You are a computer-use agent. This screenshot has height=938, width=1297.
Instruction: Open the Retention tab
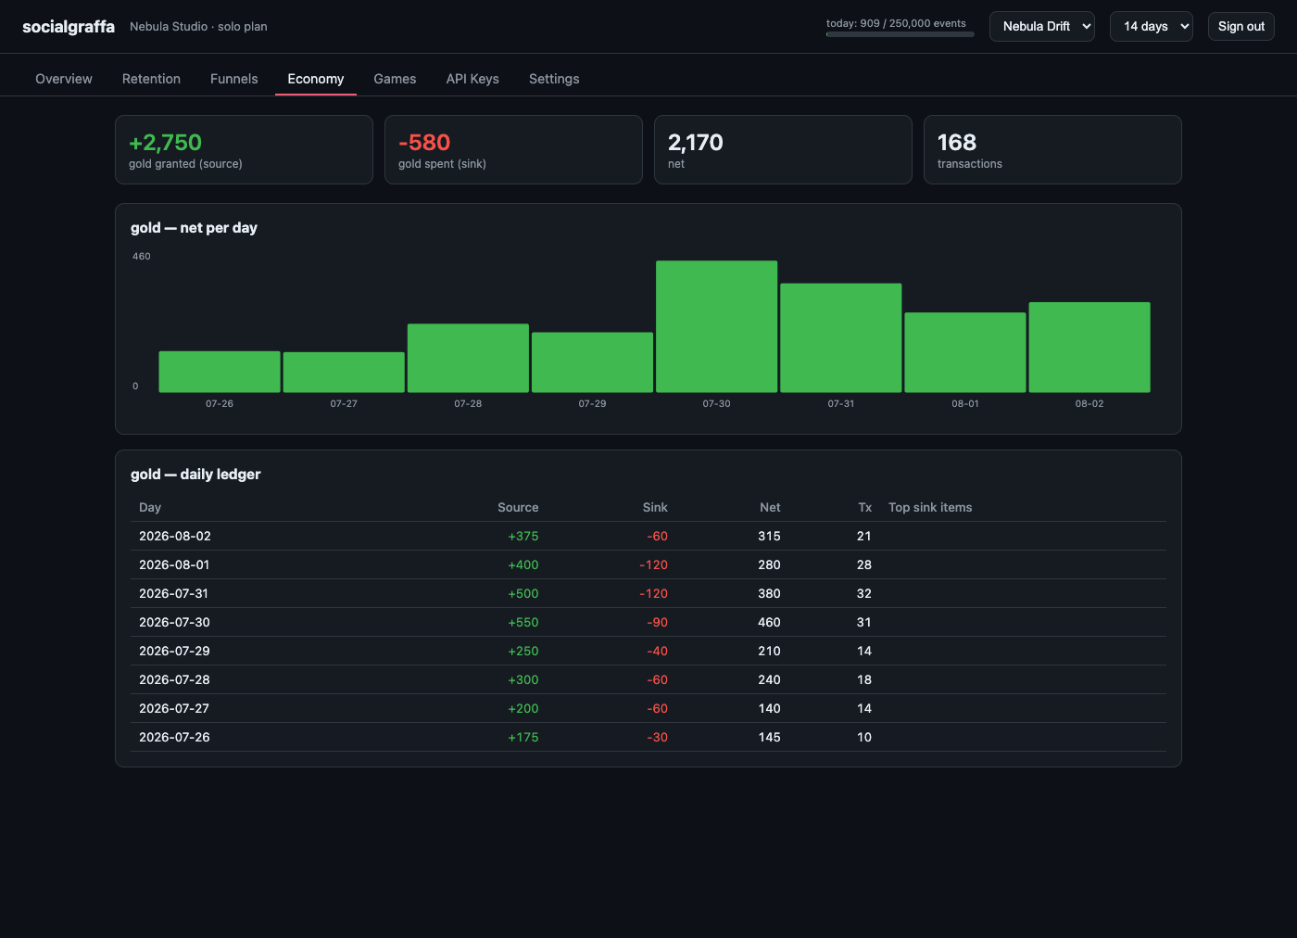pyautogui.click(x=151, y=79)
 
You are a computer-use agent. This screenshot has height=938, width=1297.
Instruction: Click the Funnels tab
pyautogui.click(x=233, y=79)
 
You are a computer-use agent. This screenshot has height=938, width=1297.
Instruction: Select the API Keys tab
pyautogui.click(x=472, y=79)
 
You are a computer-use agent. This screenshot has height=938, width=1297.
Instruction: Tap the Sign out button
pyautogui.click(x=1240, y=27)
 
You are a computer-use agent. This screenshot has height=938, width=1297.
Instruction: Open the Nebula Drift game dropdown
pyautogui.click(x=1041, y=27)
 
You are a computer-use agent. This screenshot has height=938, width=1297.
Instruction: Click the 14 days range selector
pyautogui.click(x=1151, y=27)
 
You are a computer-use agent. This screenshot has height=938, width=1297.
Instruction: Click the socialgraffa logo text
pyautogui.click(x=69, y=27)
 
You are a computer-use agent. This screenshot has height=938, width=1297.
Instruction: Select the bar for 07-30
pyautogui.click(x=716, y=327)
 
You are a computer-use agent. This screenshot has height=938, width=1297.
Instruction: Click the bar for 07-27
pyautogui.click(x=344, y=373)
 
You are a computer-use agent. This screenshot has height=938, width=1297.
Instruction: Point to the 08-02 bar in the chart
pyautogui.click(x=1089, y=348)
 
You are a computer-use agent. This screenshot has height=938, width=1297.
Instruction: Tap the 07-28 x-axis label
pyautogui.click(x=468, y=404)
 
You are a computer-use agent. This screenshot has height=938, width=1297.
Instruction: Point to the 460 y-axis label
pyautogui.click(x=141, y=256)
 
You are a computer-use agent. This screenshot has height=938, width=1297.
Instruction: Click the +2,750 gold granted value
pyautogui.click(x=166, y=143)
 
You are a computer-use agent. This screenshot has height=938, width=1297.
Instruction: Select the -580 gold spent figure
pyautogui.click(x=424, y=143)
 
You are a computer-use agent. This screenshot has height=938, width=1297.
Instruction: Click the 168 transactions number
pyautogui.click(x=956, y=143)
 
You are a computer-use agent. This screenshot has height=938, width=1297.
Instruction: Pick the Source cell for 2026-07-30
pyautogui.click(x=523, y=622)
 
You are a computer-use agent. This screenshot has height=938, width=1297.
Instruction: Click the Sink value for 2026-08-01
pyautogui.click(x=653, y=564)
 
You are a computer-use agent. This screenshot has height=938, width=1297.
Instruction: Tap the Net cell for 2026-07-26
pyautogui.click(x=769, y=737)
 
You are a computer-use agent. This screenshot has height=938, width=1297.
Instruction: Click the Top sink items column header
pyautogui.click(x=930, y=508)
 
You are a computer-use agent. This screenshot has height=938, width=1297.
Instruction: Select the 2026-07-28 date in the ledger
pyautogui.click(x=174, y=679)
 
